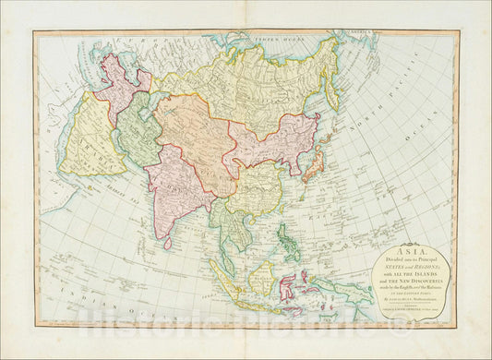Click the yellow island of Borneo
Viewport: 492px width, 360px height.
click(x=263, y=276)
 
